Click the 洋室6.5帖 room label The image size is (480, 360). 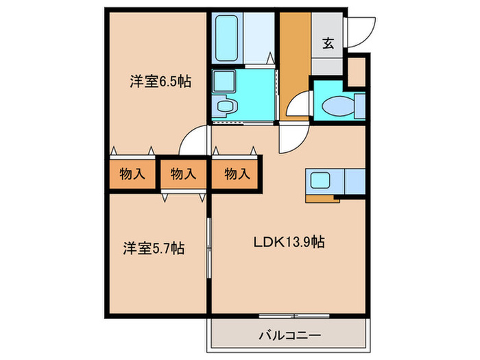tap(160, 82)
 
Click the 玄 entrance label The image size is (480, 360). tap(328, 44)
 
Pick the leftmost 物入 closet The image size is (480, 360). tap(132, 174)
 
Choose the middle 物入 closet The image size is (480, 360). tap(183, 174)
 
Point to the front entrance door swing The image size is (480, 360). tap(358, 31)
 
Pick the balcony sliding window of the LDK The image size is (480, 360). tap(294, 315)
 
